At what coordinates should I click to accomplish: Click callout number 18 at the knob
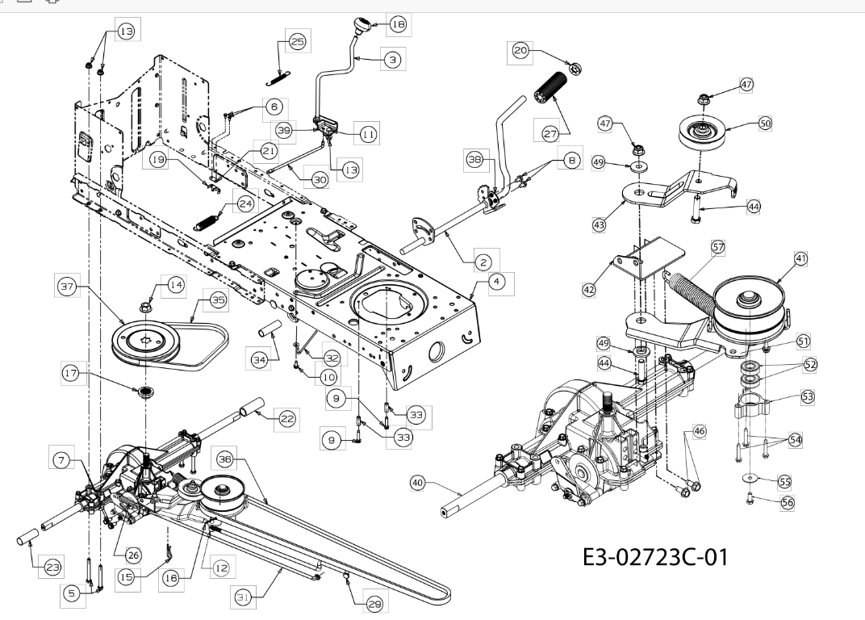pos(398,25)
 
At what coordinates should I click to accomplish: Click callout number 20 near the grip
pos(520,50)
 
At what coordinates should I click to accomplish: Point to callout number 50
pos(766,124)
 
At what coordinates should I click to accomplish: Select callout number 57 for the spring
pos(717,245)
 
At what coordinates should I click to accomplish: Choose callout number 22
pos(286,417)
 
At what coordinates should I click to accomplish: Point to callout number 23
pos(52,568)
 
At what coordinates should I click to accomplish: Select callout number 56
pos(788,501)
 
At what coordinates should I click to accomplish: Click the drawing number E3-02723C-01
pos(654,557)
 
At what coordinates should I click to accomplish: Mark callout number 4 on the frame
pos(498,282)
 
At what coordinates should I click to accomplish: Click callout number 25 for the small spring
pos(298,42)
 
